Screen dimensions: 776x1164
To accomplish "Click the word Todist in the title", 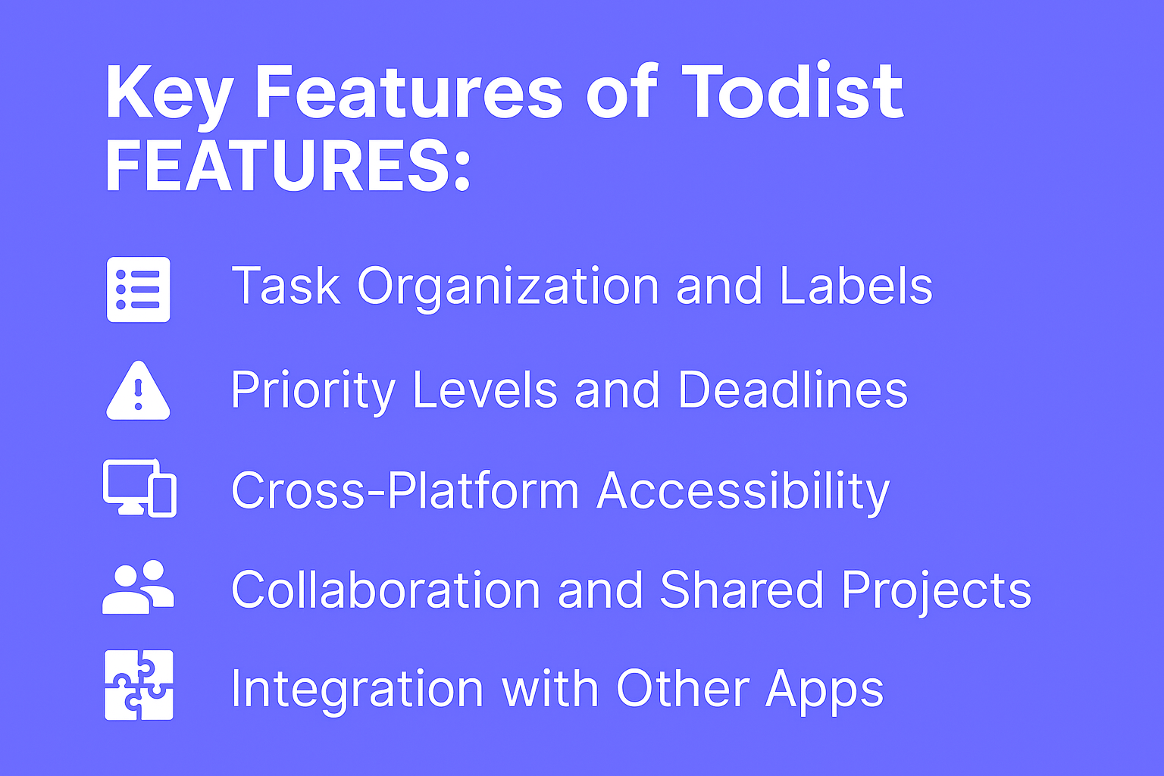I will coord(793,92).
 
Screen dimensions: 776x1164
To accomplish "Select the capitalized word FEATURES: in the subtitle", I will coord(288,167).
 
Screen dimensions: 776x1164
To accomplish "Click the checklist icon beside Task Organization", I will coord(139,289).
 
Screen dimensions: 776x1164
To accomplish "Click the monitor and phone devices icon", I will coord(139,489).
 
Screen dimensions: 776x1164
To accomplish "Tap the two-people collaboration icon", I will coord(138,587).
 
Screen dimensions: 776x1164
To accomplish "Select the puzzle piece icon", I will coord(139,685).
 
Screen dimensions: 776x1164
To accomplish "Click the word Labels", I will coord(856,286).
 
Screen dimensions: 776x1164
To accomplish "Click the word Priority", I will coord(313,391).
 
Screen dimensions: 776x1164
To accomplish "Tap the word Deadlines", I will coord(792,390).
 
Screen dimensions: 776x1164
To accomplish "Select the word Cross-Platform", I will coord(405,491).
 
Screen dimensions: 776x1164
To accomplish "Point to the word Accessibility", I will coord(743,492).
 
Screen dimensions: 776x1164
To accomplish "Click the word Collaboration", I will coord(385,590).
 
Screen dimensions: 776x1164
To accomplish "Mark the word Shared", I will coord(741,590).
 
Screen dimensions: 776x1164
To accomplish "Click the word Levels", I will coord(485,390).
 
